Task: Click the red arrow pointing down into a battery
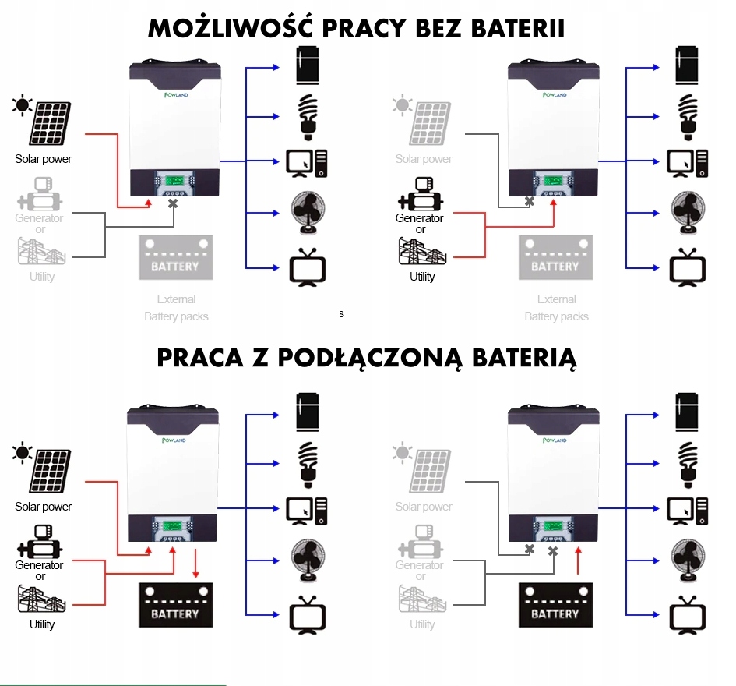coord(195,562)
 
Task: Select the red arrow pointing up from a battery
coord(578,561)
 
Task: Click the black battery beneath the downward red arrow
coord(175,605)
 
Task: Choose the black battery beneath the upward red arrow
coord(555,605)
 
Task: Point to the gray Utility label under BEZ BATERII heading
coord(42,277)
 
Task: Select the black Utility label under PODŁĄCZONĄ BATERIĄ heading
coord(42,624)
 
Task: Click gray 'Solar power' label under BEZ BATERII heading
coord(423,159)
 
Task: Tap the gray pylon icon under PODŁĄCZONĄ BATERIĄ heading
coord(421,599)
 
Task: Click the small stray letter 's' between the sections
coord(341,314)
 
